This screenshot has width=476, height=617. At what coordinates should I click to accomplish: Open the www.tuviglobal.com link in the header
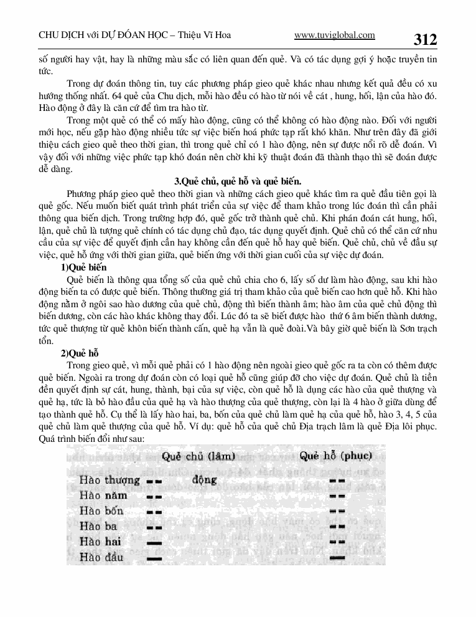(x=334, y=36)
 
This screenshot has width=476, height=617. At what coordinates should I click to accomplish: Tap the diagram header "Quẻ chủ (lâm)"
(x=198, y=456)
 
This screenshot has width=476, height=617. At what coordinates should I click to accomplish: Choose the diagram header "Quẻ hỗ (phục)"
(x=335, y=456)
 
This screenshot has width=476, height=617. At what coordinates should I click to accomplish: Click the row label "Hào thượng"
(x=110, y=481)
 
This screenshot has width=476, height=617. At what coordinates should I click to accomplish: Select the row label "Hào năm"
(x=103, y=495)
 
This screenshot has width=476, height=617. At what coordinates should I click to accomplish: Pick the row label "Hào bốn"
(x=101, y=511)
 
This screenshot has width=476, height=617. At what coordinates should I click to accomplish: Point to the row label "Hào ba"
(x=98, y=527)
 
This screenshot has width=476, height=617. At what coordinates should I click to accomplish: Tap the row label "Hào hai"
(x=100, y=542)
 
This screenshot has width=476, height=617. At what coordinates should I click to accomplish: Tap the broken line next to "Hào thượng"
(x=153, y=482)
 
